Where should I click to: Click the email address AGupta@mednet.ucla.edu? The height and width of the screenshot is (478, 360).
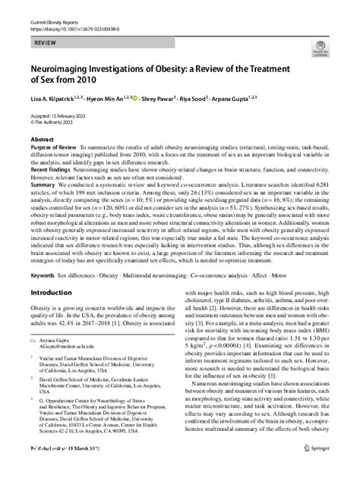(x=64, y=370)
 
